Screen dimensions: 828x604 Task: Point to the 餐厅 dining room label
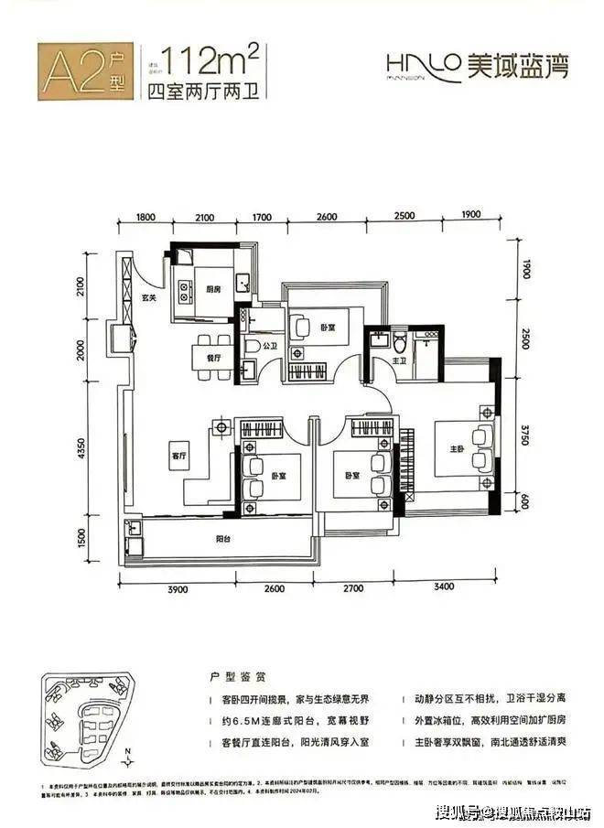pyautogui.click(x=213, y=359)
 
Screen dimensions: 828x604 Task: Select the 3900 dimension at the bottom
pyautogui.click(x=177, y=590)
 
